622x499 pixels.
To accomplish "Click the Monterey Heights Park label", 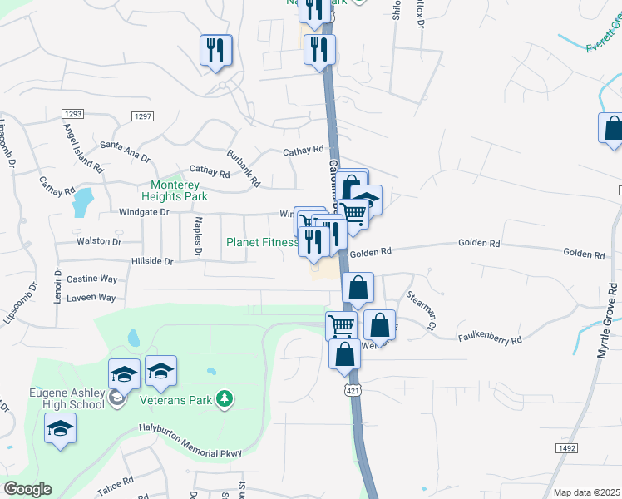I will tap(179, 190).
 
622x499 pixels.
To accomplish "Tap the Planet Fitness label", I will tap(263, 243).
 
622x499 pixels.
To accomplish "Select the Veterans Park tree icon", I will tap(223, 400).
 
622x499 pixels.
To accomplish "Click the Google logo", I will tap(28, 488).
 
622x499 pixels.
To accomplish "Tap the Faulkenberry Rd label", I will tap(490, 339).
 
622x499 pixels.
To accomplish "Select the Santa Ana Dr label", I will tap(125, 149).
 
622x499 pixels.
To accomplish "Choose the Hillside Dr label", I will tap(151, 261).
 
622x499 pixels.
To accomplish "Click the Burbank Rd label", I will tap(244, 168).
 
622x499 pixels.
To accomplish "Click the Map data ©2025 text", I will tap(586, 492).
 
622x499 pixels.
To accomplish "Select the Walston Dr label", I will tap(98, 241).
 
